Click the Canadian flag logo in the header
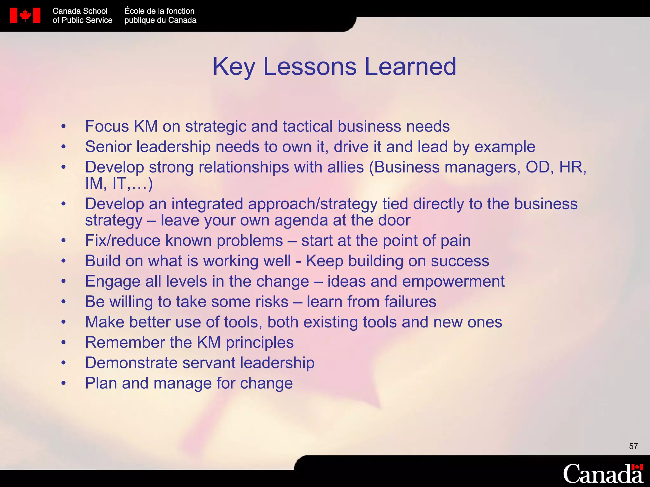[x=25, y=16]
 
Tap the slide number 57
[x=633, y=446]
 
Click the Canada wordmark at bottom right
[x=603, y=474]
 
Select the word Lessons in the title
[x=310, y=67]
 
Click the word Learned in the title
[x=410, y=67]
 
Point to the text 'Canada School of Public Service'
[x=82, y=16]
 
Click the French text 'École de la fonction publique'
[x=160, y=16]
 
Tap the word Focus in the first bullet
[x=107, y=126]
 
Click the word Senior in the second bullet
[x=108, y=147]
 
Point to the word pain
[x=455, y=241]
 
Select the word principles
[x=260, y=343]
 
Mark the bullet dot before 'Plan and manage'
[x=64, y=383]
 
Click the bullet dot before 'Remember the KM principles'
[x=64, y=343]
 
